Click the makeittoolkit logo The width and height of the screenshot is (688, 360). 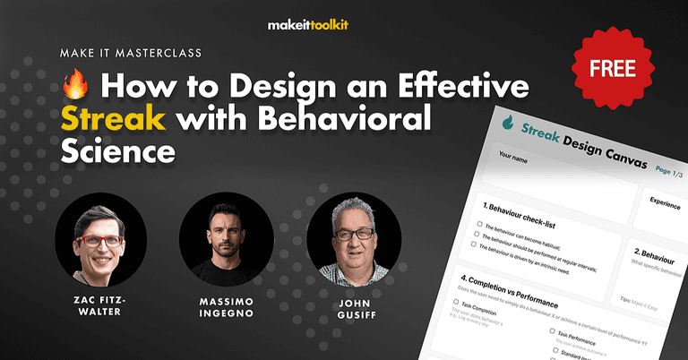tap(343, 25)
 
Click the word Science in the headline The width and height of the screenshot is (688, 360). tap(116, 150)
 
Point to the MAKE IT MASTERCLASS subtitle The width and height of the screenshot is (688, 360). tap(133, 53)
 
